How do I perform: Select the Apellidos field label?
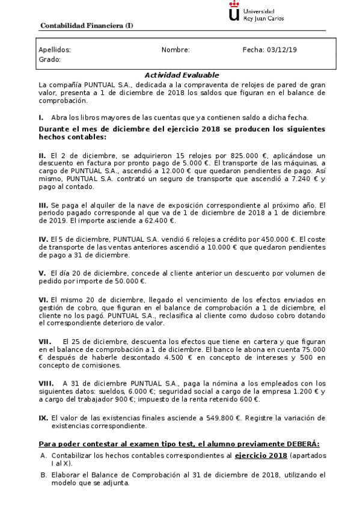[x=55, y=50]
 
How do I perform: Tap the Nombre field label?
[x=175, y=50]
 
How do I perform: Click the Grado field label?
[x=49, y=60]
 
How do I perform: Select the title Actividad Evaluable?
[x=182, y=75]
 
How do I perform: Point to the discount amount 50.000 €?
[x=129, y=280]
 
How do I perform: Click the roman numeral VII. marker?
[x=46, y=340]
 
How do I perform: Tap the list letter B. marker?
[x=43, y=475]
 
